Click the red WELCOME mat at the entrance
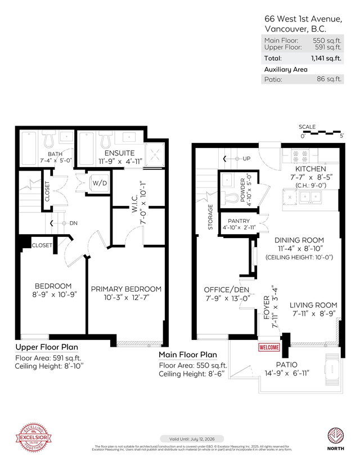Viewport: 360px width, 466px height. (269, 347)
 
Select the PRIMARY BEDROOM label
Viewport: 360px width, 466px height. (126, 289)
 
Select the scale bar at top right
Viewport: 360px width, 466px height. (322, 133)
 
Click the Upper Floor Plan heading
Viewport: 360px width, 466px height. (47, 347)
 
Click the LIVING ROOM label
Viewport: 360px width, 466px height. (313, 305)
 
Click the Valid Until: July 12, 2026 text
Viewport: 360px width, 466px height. (192, 438)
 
